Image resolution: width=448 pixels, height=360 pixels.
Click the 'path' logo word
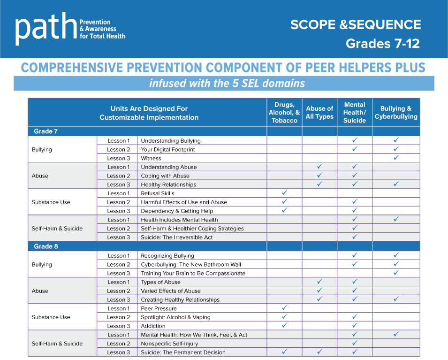[46, 28]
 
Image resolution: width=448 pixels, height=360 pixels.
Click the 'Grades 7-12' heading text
[382, 44]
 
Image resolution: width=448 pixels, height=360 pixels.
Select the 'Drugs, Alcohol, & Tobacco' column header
[284, 113]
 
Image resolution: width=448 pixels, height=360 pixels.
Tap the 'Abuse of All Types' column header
[319, 113]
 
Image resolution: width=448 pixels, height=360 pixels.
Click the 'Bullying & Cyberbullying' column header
[396, 113]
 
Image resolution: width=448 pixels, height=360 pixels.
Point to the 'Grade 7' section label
[46, 131]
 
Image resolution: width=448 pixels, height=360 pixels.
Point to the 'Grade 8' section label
[46, 246]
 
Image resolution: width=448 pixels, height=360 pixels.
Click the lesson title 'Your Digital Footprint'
[167, 150]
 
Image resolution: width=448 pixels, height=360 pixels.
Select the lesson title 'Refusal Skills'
[157, 193]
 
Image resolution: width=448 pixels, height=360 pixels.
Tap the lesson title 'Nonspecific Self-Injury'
[169, 344]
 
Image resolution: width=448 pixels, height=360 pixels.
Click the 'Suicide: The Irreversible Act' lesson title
[176, 237]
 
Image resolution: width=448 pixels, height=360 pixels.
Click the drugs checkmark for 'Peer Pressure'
[284, 308]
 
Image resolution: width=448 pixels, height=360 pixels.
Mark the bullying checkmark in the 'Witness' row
[396, 158]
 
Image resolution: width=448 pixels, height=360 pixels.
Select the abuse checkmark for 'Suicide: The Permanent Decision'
[319, 352]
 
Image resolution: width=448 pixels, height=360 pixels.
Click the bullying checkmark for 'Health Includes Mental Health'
[396, 219]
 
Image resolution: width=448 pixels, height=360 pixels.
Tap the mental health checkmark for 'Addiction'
[355, 326]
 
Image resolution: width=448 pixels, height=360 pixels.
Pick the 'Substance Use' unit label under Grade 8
[51, 317]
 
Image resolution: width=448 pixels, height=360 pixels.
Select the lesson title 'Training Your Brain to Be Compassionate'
[193, 273]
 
